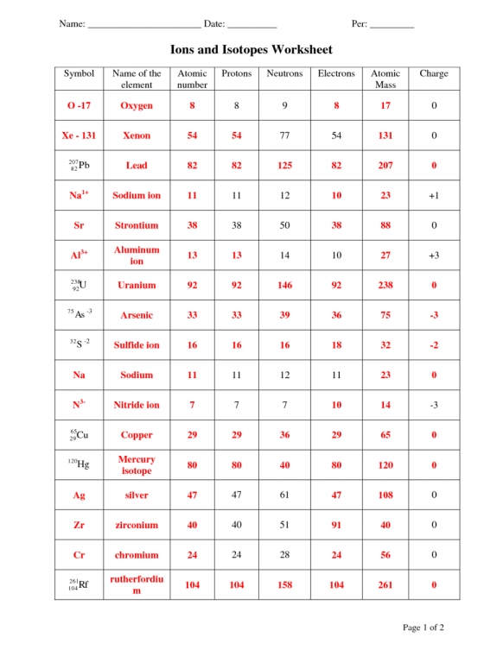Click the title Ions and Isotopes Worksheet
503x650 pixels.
pos(251,50)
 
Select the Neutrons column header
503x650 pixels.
pos(284,74)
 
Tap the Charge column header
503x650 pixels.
pos(434,74)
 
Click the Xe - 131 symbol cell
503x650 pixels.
pos(80,136)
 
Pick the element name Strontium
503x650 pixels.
pos(137,225)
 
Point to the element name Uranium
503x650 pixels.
pos(137,285)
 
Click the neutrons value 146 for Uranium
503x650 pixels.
pos(284,285)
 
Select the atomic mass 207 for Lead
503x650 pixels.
pos(385,166)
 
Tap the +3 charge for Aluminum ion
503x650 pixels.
pos(434,256)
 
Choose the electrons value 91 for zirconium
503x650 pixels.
pos(336,525)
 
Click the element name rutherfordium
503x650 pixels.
pos(137,584)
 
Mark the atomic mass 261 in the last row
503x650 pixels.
pos(385,585)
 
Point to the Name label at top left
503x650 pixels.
pos(72,23)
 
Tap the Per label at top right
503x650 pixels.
pos(360,23)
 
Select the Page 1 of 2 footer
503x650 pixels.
pos(423,627)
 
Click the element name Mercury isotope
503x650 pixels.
pos(137,465)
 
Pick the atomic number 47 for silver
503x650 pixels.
pos(193,495)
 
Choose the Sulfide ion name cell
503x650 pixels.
pos(137,345)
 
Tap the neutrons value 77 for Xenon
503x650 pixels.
pos(284,136)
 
